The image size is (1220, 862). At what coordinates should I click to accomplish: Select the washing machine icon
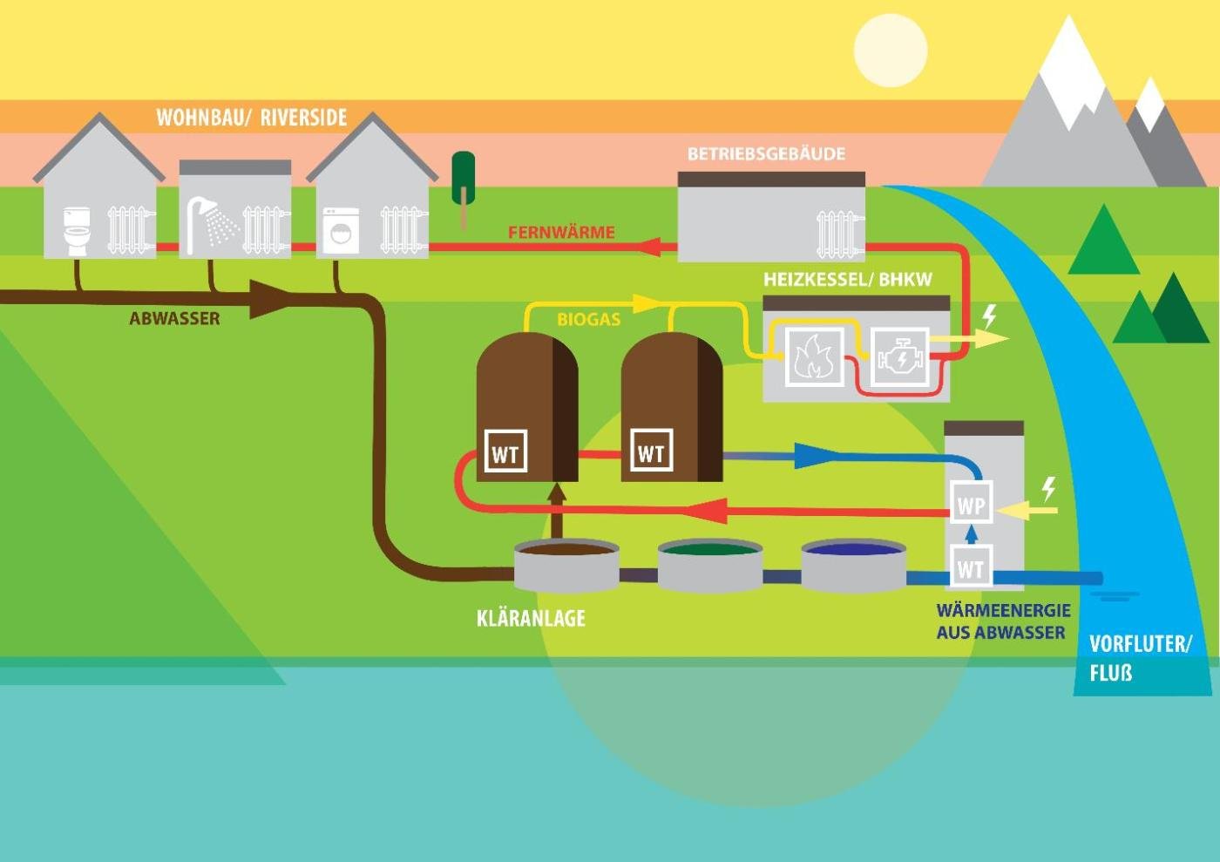[341, 230]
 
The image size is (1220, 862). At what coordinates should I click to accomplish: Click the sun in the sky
[890, 50]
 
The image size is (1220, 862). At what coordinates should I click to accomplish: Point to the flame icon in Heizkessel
[814, 356]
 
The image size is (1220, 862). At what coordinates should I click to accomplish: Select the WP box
[971, 505]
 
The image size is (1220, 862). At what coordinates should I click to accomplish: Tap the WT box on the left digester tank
[505, 451]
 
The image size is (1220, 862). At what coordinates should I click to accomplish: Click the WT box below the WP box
[970, 568]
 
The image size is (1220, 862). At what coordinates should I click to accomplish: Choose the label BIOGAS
[588, 320]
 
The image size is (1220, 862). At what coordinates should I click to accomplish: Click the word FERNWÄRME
[561, 233]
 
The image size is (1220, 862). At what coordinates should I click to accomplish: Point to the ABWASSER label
[174, 319]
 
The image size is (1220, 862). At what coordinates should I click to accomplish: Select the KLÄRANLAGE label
[531, 619]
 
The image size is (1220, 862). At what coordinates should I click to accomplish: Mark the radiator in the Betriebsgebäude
[838, 233]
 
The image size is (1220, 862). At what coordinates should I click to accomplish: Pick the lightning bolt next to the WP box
[1049, 488]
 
